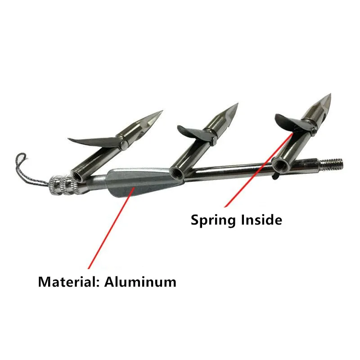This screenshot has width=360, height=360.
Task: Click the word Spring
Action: pos(212,220)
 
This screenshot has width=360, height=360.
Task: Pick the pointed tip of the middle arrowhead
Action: pos(238,103)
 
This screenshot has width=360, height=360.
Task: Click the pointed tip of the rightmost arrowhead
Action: pos(330,94)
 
